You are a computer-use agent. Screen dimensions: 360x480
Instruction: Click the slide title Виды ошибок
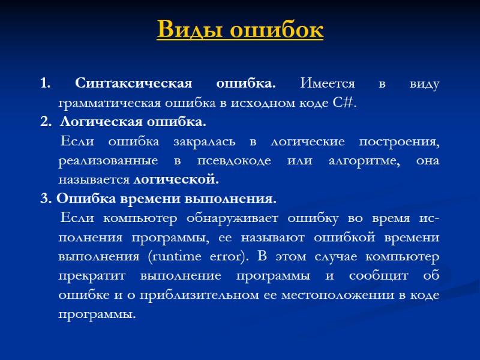(240, 29)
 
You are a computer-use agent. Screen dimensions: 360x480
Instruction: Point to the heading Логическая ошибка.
(132, 122)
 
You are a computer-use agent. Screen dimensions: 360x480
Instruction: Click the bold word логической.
(176, 179)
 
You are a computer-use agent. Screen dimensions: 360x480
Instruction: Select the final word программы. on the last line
(98, 314)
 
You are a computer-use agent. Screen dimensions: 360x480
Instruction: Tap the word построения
(398, 142)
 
